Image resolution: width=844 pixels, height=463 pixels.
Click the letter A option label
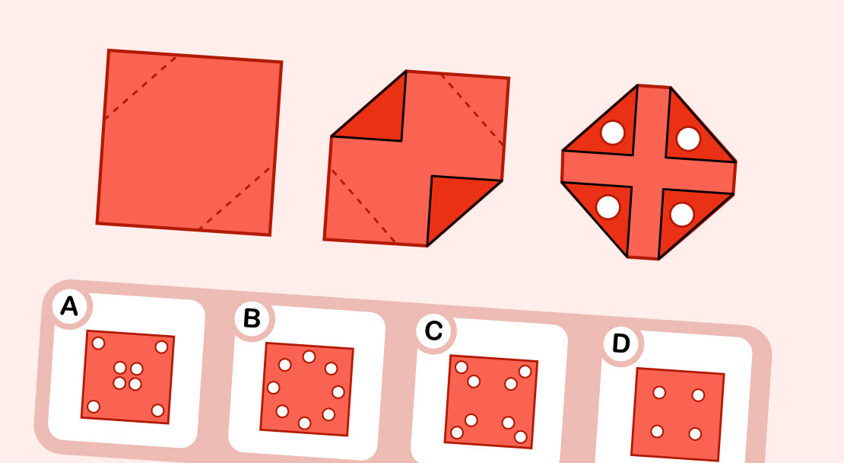69,306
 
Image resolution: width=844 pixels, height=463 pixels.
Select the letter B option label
251,319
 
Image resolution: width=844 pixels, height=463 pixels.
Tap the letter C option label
433,330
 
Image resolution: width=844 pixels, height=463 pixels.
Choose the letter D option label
620,343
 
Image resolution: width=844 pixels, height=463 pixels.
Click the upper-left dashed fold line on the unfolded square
141,87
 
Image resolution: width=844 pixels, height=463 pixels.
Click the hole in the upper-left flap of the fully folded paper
612,133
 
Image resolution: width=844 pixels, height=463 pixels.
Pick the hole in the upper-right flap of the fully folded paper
687,139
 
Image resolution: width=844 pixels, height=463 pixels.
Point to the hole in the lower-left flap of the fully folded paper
608,206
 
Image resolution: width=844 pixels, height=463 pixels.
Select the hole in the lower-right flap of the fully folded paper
681,215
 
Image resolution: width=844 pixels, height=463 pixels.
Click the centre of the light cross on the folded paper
649,172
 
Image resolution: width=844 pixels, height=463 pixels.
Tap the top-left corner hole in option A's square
98,343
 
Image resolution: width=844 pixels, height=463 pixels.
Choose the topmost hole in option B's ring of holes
309,356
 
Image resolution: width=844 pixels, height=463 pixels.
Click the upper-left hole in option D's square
659,392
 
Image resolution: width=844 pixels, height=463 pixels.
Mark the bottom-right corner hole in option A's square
157,410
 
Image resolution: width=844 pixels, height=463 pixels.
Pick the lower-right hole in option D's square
694,434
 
